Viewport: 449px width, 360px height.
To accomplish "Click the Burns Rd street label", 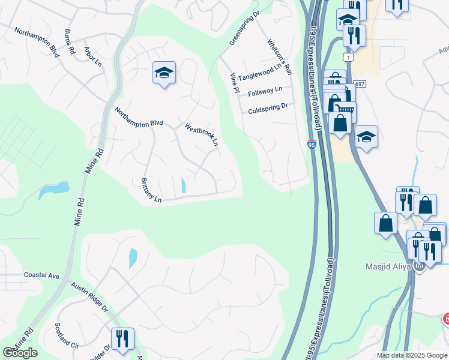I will tap(69, 41).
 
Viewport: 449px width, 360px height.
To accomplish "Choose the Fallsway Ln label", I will tap(264, 91).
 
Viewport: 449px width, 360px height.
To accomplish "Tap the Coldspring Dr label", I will tap(268, 108).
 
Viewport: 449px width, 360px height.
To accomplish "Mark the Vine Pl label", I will tap(235, 82).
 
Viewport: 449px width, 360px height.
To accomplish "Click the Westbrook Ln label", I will tap(201, 134).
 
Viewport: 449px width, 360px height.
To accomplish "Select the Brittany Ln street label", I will tap(151, 190).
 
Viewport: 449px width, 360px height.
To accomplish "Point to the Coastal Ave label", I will tap(41, 275).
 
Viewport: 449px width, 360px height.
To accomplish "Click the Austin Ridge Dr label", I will tap(89, 298).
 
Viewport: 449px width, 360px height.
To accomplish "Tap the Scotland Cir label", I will tap(67, 336).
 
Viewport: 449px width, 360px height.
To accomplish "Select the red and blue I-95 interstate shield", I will tap(311, 145).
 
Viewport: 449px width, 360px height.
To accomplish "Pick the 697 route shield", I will tap(360, 84).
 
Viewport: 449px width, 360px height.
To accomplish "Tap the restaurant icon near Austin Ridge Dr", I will tap(122, 338).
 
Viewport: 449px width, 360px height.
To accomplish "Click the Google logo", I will tap(20, 353).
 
